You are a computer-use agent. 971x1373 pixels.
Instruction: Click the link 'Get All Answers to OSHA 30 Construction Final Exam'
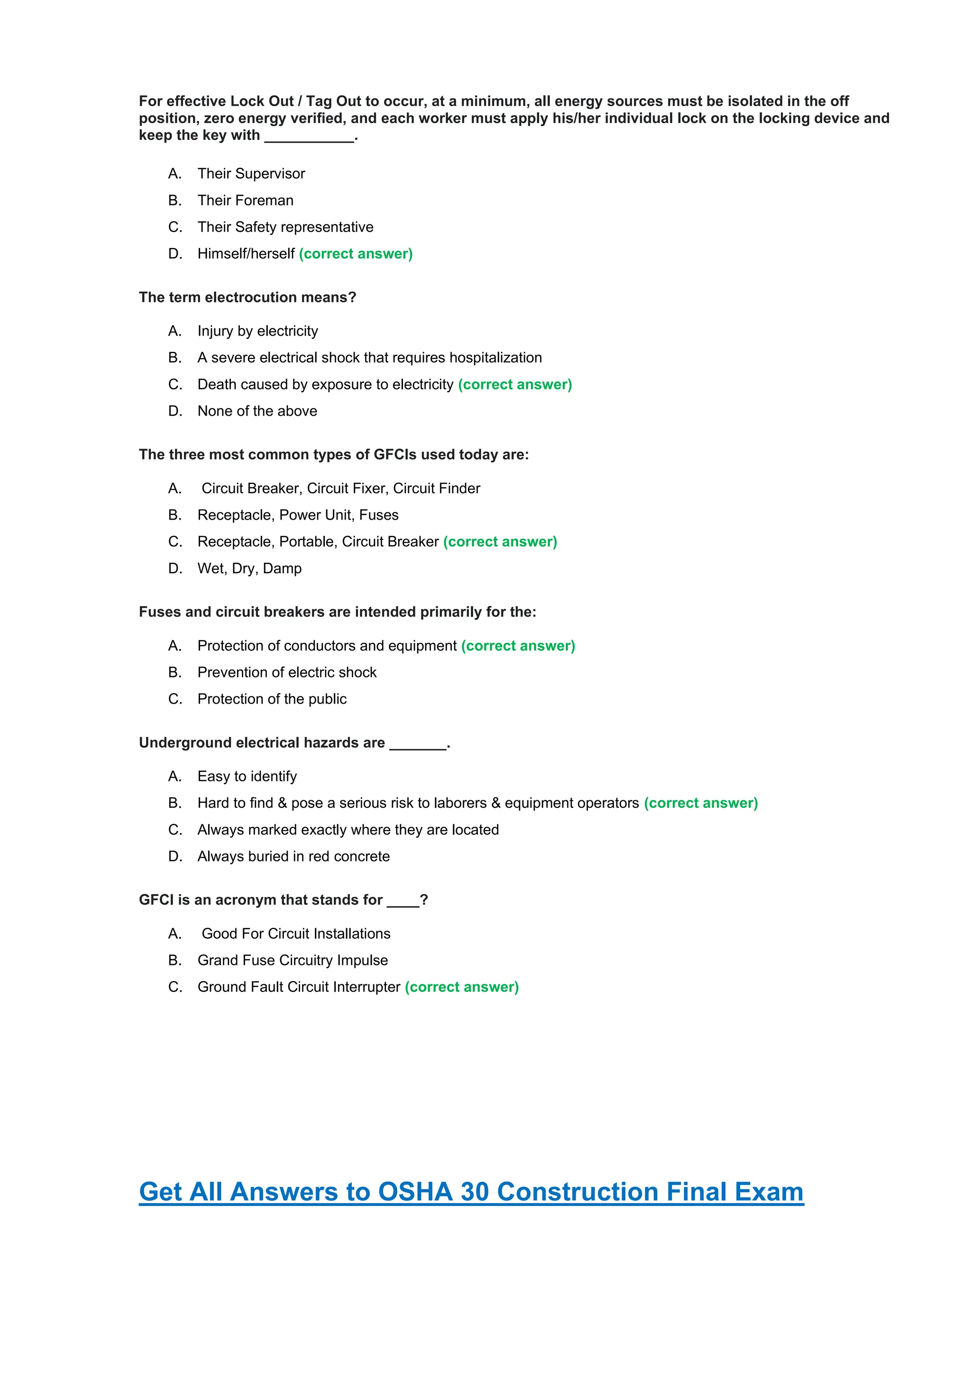point(471,1191)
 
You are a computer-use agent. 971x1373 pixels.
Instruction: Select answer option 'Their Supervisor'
point(251,174)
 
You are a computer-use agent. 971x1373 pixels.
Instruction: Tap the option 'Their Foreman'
point(245,201)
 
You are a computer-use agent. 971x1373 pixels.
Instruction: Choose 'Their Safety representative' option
point(285,227)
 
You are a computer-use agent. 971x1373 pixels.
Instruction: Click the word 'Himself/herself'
point(246,254)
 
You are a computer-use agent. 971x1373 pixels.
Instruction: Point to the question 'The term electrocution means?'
point(247,297)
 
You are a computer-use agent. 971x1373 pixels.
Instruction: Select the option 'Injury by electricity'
point(258,331)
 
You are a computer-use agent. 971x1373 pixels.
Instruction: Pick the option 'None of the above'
point(257,411)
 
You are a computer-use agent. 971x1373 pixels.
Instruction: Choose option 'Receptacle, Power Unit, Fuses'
point(298,515)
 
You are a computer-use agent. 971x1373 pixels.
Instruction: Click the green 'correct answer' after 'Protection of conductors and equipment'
point(518,646)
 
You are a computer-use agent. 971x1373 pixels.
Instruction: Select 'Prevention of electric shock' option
point(287,672)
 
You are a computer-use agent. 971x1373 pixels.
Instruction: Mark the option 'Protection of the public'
point(272,699)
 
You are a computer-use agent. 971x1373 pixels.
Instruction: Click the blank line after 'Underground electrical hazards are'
point(418,744)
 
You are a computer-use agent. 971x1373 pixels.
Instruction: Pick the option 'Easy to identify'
point(247,776)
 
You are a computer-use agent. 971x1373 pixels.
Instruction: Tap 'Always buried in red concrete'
point(293,856)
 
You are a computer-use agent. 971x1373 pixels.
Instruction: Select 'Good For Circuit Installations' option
point(296,934)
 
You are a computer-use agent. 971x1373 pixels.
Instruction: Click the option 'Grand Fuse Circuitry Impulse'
point(293,961)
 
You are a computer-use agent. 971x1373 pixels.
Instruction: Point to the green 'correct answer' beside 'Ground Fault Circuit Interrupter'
point(462,987)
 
